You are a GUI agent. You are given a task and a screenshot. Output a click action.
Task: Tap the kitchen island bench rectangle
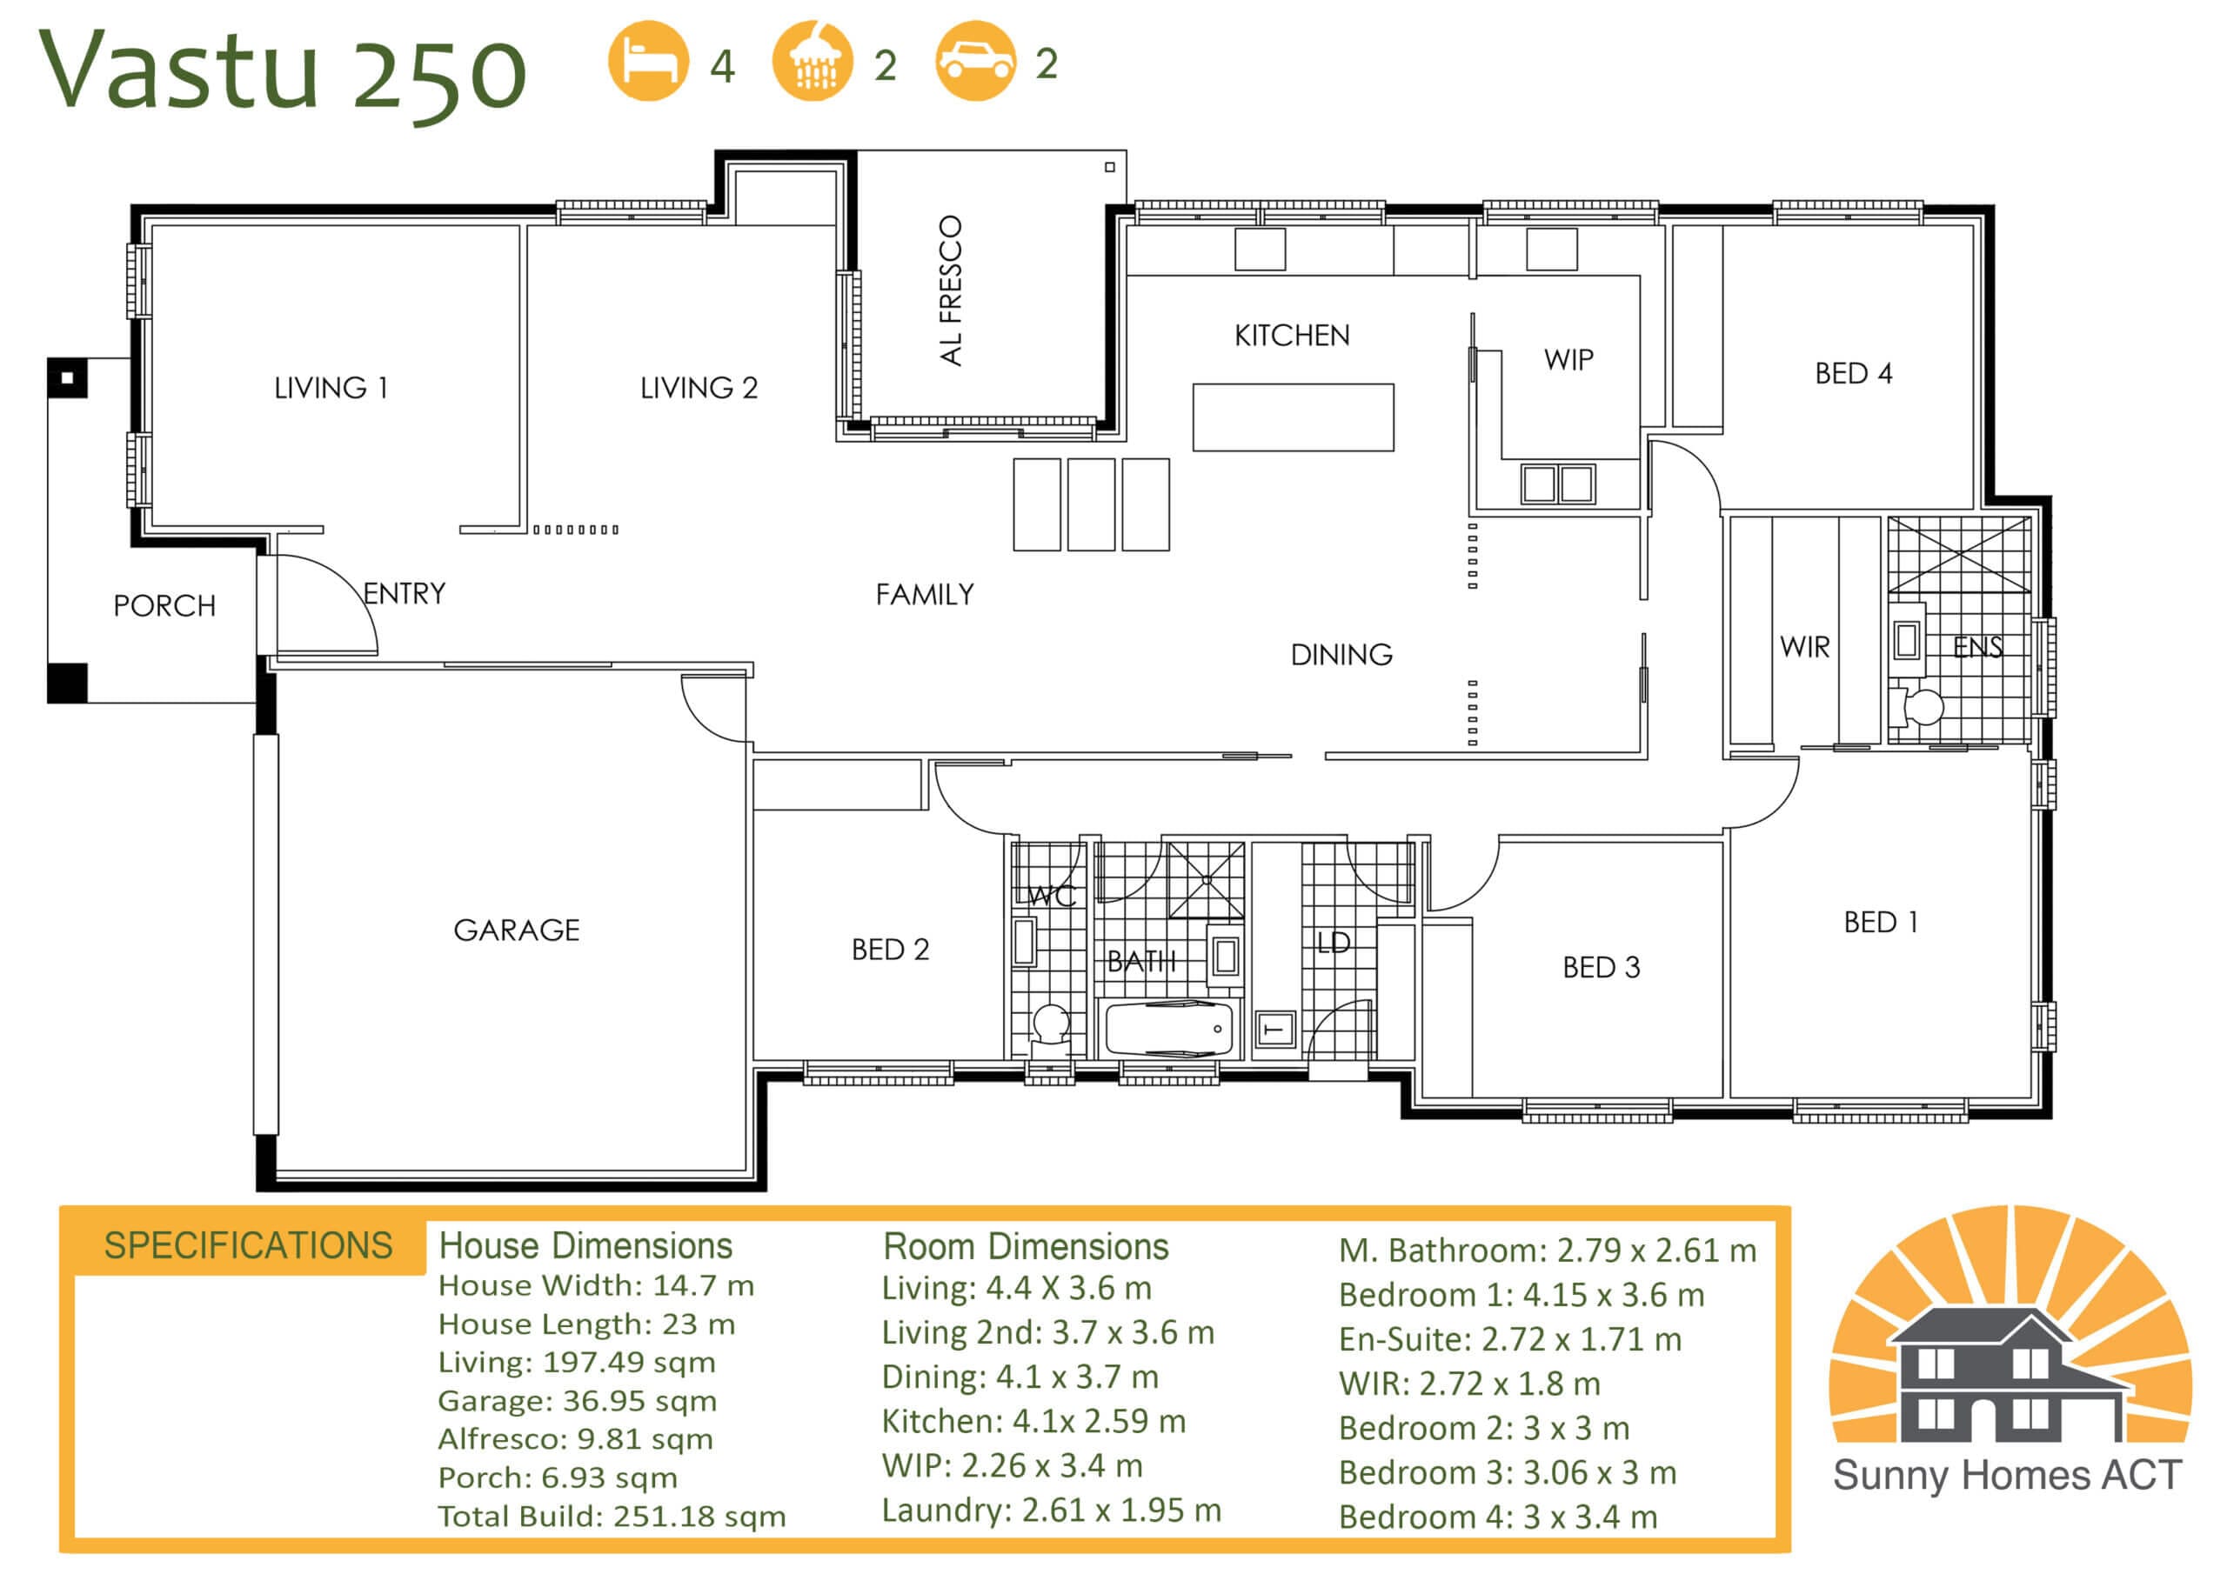tap(1293, 417)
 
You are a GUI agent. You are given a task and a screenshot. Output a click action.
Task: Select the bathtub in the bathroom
tap(1171, 1028)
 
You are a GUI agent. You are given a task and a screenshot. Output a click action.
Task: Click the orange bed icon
tap(648, 61)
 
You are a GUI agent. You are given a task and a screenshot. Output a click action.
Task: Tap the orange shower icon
tap(813, 61)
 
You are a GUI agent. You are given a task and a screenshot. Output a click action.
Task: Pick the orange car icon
tap(976, 61)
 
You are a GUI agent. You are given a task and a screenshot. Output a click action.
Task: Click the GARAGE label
tap(517, 930)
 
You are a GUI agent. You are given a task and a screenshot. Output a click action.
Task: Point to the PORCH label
tap(165, 606)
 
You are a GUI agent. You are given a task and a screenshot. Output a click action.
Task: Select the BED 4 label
tap(1854, 373)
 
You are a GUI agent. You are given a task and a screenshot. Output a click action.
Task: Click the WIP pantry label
tap(1568, 360)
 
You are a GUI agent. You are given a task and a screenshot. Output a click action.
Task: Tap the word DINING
tap(1341, 655)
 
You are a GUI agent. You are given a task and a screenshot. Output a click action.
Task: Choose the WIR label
tap(1804, 647)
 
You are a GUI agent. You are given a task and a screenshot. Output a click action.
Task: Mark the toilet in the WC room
tap(1049, 1030)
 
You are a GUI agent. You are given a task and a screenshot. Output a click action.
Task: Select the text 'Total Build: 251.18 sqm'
tap(612, 1516)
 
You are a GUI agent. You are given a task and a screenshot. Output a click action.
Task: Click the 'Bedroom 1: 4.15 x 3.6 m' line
tap(1521, 1295)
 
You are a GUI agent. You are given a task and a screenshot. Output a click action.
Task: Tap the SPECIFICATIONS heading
tap(248, 1245)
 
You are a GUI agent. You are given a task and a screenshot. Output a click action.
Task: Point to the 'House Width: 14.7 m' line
tap(596, 1285)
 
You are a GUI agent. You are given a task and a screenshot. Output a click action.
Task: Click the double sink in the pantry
tap(1558, 483)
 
